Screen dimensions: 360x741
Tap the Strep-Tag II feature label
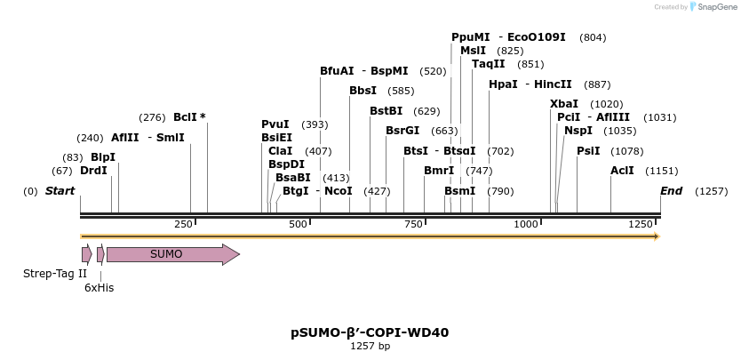(x=55, y=274)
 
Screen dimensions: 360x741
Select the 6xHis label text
(x=99, y=288)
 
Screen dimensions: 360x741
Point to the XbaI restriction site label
(x=564, y=104)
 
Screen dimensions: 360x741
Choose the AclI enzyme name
(x=622, y=170)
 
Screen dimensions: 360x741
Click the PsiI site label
(x=588, y=151)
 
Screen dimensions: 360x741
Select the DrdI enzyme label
(x=93, y=171)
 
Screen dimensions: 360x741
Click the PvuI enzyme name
(x=275, y=124)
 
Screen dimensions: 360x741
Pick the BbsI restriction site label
(x=363, y=91)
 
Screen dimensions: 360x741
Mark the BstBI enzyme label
(x=386, y=111)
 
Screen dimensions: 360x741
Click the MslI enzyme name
(x=473, y=51)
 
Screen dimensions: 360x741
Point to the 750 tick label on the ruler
(x=413, y=225)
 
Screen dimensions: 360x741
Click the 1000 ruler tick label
(x=526, y=225)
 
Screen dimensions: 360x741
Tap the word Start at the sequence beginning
(x=60, y=191)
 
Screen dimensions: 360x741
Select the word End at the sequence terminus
(x=671, y=191)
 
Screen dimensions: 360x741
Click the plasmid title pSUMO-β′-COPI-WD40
(x=370, y=333)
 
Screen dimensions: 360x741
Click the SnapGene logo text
(x=711, y=7)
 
